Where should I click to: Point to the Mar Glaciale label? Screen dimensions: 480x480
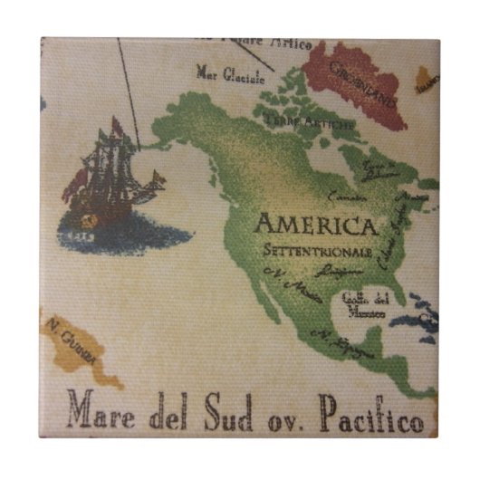229,73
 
